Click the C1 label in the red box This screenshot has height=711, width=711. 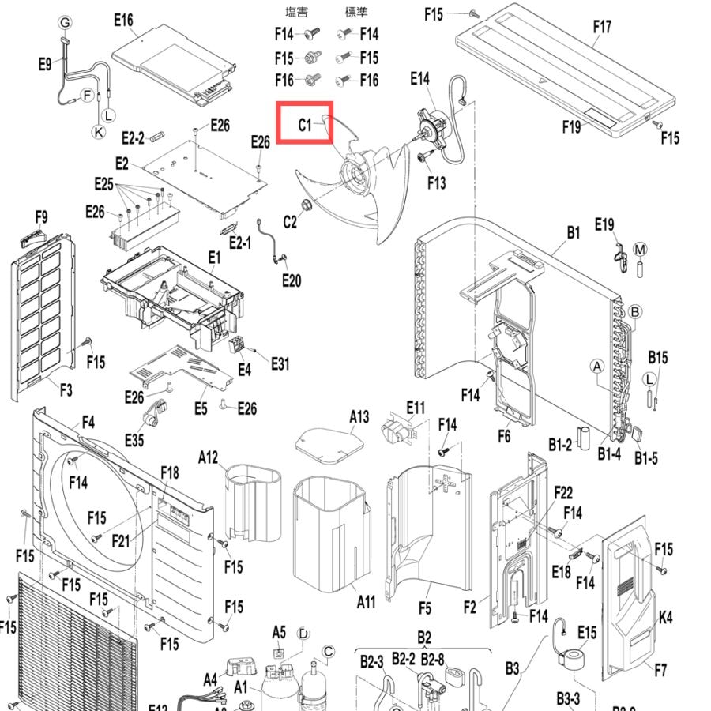pos(305,125)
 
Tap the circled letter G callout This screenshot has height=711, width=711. pos(66,22)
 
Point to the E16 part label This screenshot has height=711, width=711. pos(123,20)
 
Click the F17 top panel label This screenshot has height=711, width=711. pos(602,27)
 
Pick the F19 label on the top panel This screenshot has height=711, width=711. pos(571,127)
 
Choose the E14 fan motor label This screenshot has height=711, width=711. pos(419,79)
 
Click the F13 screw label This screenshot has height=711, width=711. pos(436,182)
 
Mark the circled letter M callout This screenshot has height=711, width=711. pos(640,250)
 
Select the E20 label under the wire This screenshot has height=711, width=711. pos(291,280)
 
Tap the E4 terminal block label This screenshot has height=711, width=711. pos(244,370)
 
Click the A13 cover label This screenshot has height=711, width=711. pos(359,416)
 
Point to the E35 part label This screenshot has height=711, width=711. pos(134,440)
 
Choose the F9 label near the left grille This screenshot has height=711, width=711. pos(41,216)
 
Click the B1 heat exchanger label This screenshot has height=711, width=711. pos(574,232)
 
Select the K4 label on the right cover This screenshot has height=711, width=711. pos(665,617)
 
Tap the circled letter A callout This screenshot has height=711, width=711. pos(597,367)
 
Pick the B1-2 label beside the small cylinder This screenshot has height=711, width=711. pos(560,445)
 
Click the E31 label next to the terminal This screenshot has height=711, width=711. pos(280,363)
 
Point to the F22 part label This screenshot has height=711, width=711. pos(563,492)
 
